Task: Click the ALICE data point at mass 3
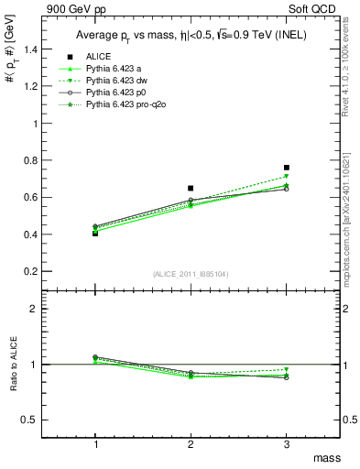tap(287, 168)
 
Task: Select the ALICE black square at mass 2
tap(191, 188)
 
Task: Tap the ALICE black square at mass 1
tap(95, 234)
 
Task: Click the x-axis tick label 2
tap(191, 444)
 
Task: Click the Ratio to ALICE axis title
tap(12, 365)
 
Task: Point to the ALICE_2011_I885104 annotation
tap(191, 274)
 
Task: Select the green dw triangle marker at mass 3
tap(287, 176)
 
